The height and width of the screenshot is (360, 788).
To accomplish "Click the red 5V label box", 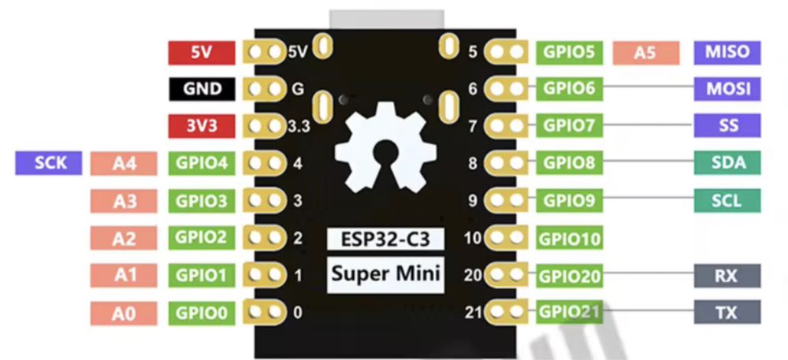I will (x=201, y=53).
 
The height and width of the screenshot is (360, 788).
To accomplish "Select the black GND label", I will (x=201, y=89).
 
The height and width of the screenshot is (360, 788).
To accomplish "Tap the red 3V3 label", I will (x=201, y=126).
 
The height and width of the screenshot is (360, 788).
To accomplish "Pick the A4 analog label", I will (x=125, y=164).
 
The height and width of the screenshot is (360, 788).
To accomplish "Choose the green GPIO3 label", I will (x=201, y=201).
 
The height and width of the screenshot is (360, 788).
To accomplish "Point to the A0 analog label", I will (x=125, y=313).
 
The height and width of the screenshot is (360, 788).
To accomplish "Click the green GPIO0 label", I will (x=201, y=313).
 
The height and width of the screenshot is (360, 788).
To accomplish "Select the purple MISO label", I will (x=727, y=53).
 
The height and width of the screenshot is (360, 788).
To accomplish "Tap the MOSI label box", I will (x=727, y=88).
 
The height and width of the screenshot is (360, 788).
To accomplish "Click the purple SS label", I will (x=727, y=125).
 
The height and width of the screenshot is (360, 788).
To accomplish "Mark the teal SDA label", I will (x=727, y=163).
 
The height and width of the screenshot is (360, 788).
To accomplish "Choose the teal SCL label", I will (x=727, y=200).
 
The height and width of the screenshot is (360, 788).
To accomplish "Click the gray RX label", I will (x=727, y=276).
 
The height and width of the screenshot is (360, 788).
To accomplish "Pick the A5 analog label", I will (x=645, y=53).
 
